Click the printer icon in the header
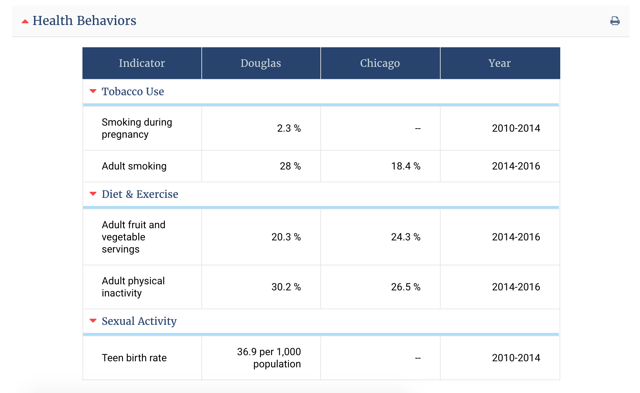pyautogui.click(x=615, y=21)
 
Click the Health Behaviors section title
pyautogui.click(x=84, y=21)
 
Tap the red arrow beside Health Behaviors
pyautogui.click(x=25, y=22)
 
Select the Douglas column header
pyautogui.click(x=261, y=63)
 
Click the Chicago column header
pyautogui.click(x=380, y=63)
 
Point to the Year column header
pyautogui.click(x=499, y=63)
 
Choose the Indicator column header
pyautogui.click(x=142, y=63)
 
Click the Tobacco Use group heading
pyautogui.click(x=132, y=91)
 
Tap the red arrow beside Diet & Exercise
pyautogui.click(x=93, y=194)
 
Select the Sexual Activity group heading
pyautogui.click(x=139, y=321)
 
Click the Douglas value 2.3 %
pyautogui.click(x=289, y=128)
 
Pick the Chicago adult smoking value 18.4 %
pyautogui.click(x=405, y=166)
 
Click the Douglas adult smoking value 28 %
pyautogui.click(x=290, y=166)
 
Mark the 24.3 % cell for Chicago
pyautogui.click(x=405, y=237)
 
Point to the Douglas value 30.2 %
pyautogui.click(x=286, y=287)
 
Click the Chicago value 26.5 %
pyautogui.click(x=405, y=287)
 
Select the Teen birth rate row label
pyautogui.click(x=134, y=358)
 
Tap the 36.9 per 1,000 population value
pyautogui.click(x=269, y=358)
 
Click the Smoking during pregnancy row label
pyautogui.click(x=137, y=128)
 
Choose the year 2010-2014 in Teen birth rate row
pyautogui.click(x=516, y=358)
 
